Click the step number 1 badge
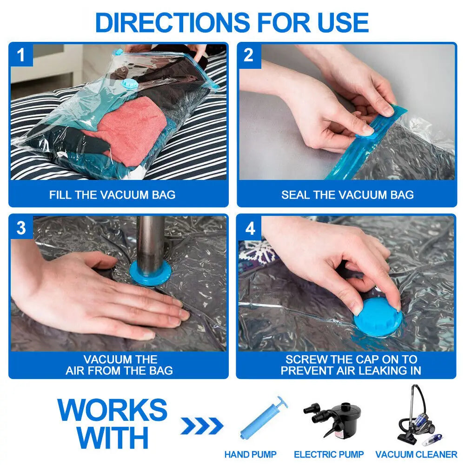(21, 55)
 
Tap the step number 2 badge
(249, 55)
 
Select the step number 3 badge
(21, 228)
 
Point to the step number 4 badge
(250, 228)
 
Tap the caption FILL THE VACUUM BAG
(113, 194)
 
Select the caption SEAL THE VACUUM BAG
(347, 194)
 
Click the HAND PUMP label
(250, 454)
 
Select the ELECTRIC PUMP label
(329, 454)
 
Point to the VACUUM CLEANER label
(416, 454)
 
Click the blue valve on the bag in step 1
(126, 85)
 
